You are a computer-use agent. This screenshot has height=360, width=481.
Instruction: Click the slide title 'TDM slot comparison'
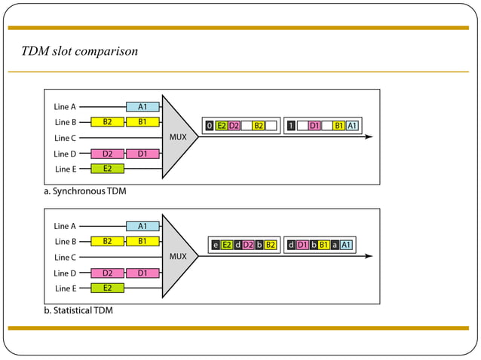point(79,51)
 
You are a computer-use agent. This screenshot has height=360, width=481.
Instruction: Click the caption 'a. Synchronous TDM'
point(84,191)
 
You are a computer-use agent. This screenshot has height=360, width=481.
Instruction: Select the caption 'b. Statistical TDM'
point(83,310)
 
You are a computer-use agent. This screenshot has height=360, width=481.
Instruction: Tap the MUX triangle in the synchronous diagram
point(177,137)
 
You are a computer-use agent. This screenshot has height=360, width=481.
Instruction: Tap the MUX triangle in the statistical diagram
point(177,256)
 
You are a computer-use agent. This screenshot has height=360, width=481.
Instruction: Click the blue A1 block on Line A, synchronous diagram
point(142,107)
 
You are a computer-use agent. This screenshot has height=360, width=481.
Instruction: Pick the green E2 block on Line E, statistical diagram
point(107,288)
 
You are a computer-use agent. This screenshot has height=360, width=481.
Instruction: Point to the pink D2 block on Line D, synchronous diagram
point(107,154)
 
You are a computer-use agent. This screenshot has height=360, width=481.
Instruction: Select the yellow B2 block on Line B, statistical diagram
point(107,242)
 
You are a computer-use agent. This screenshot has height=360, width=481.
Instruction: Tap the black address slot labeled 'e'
point(216,245)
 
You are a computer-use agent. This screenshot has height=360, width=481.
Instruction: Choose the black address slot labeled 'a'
point(334,245)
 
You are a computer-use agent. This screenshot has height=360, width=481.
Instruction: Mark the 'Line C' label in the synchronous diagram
point(65,138)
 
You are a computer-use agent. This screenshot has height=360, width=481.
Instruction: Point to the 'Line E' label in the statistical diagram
point(65,288)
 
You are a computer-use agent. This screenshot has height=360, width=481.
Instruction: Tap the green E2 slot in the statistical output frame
point(227,245)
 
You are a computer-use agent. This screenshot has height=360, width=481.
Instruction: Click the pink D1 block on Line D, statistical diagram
point(142,273)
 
